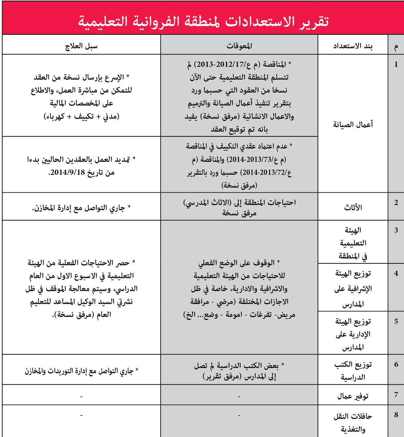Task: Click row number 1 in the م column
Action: (396, 65)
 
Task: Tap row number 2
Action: (396, 203)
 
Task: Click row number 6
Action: (396, 365)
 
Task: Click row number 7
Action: (396, 395)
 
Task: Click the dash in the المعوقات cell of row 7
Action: (239, 397)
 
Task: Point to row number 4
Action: (396, 273)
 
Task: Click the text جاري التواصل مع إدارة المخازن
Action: (81, 207)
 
